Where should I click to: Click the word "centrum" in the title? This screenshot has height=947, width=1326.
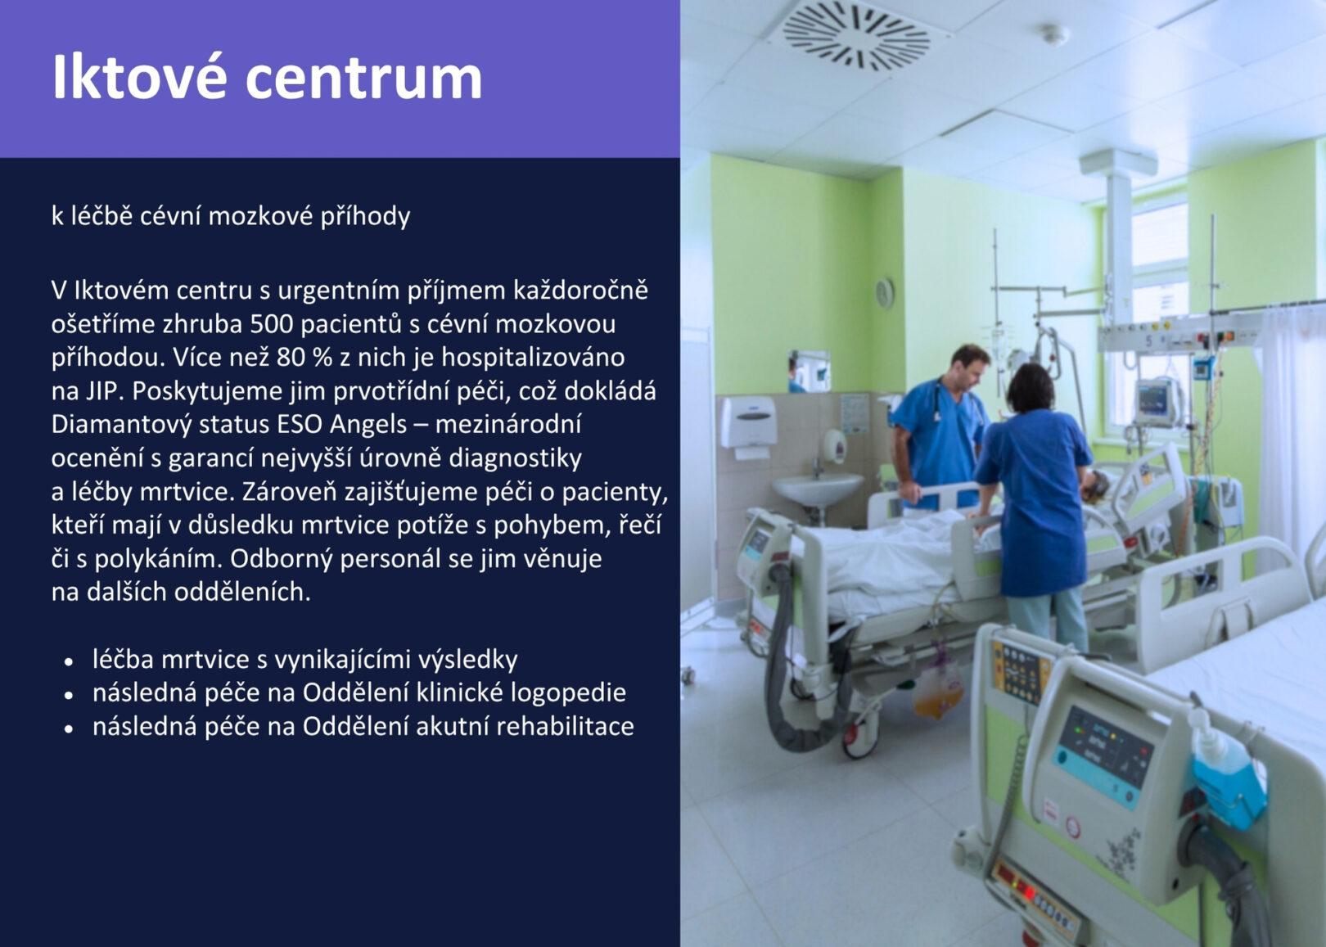pos(364,78)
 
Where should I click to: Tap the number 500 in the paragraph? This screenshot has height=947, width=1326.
pos(272,324)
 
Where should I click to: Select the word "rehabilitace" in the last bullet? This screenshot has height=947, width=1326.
pos(565,726)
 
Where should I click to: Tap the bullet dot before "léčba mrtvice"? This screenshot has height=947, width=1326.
pos(70,661)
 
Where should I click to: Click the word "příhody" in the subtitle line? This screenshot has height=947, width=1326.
pos(365,217)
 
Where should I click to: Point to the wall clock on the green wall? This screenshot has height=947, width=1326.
pos(885,292)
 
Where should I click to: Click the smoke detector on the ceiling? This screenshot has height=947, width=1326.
pos(1055,34)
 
